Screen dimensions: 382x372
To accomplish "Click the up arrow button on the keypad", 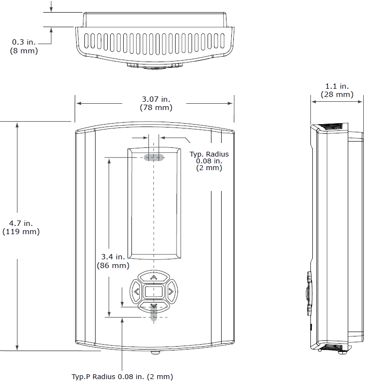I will click(154, 278).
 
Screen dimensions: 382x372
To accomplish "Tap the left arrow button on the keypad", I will click(136, 291).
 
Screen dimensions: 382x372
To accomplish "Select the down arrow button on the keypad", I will click(154, 306).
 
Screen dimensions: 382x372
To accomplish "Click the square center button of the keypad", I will click(154, 292).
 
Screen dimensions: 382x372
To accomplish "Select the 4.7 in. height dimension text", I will click(21, 223).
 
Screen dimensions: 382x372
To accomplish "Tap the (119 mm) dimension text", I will click(21, 232).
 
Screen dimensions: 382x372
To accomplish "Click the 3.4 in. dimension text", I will click(113, 257).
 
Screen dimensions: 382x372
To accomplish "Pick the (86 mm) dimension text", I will click(113, 265).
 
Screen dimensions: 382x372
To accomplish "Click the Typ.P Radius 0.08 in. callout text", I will click(122, 377).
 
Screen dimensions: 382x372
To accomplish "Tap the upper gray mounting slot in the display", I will click(154, 157).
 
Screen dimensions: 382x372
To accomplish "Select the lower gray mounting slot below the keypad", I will click(154, 316).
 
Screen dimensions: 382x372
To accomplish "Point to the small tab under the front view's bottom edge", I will click(154, 352).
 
